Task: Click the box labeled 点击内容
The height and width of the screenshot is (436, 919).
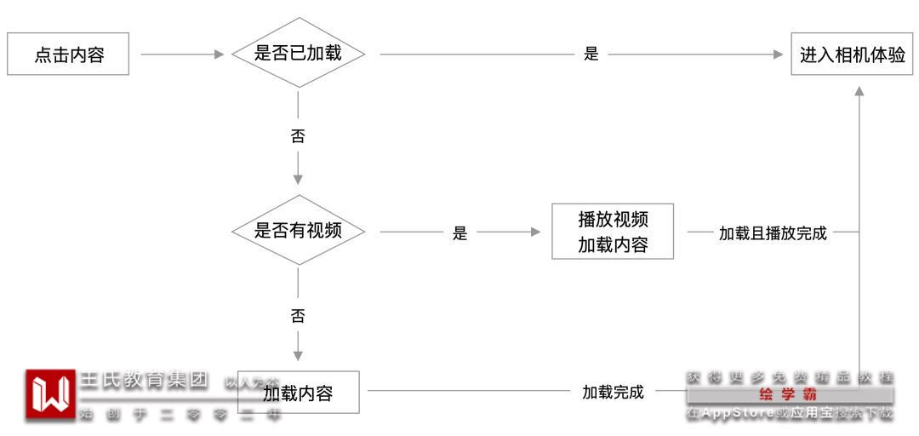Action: [69, 54]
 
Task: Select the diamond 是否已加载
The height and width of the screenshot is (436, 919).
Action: [298, 54]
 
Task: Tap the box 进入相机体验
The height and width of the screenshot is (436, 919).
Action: [852, 54]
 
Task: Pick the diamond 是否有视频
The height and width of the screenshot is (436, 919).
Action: [298, 230]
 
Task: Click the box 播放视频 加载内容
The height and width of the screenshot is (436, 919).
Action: [613, 232]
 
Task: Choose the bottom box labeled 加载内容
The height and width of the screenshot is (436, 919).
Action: [298, 393]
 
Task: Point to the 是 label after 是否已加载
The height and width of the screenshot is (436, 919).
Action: [591, 54]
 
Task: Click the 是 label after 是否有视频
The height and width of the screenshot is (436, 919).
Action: [460, 233]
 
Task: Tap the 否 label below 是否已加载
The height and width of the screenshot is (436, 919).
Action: [298, 136]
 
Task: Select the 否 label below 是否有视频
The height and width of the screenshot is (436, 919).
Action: [298, 317]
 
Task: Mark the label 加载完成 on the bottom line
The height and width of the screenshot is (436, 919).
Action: [613, 393]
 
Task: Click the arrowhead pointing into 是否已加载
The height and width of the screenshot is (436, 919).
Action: [219, 54]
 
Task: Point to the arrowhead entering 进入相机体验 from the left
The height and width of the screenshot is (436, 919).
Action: [777, 54]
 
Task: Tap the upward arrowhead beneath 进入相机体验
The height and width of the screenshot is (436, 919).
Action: [859, 91]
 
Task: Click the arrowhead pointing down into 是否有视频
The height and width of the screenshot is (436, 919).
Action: [298, 179]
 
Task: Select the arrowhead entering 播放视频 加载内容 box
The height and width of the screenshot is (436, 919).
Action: [535, 232]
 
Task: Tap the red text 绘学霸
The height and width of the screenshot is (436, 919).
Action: [789, 396]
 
